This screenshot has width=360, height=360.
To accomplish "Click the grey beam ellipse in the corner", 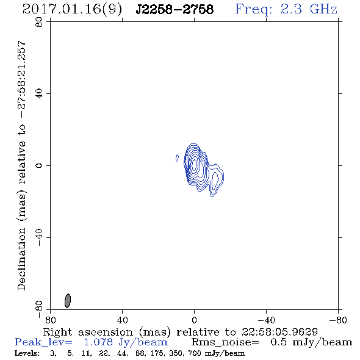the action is pyautogui.click(x=68, y=301).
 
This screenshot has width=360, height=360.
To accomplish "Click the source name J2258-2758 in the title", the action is pyautogui.click(x=175, y=9).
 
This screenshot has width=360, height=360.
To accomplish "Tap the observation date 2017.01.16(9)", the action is pyautogui.click(x=72, y=10).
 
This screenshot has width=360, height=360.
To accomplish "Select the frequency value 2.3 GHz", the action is pyautogui.click(x=309, y=9).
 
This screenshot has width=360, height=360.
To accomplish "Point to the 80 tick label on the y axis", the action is pyautogui.click(x=39, y=22).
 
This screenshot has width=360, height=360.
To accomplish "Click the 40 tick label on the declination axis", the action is pyautogui.click(x=39, y=94).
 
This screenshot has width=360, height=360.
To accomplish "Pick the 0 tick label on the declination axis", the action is pyautogui.click(x=39, y=165).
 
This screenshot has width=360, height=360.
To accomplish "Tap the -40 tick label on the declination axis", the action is pyautogui.click(x=39, y=237).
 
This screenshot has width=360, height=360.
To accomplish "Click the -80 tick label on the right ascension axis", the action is pyautogui.click(x=338, y=320).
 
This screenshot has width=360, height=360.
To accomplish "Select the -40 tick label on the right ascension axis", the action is pyautogui.click(x=266, y=320).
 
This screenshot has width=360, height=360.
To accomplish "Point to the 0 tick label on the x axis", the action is pyautogui.click(x=194, y=320).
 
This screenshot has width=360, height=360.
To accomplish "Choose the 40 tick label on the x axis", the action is pyautogui.click(x=122, y=320).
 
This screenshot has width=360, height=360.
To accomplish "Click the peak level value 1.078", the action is pyautogui.click(x=98, y=342).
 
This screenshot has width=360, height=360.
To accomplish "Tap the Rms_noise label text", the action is pyautogui.click(x=225, y=342).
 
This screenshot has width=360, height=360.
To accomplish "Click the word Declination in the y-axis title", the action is pyautogui.click(x=21, y=259).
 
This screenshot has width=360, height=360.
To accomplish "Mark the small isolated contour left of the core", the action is pyautogui.click(x=177, y=158).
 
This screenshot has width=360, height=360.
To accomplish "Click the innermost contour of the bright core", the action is pyautogui.click(x=195, y=164).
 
